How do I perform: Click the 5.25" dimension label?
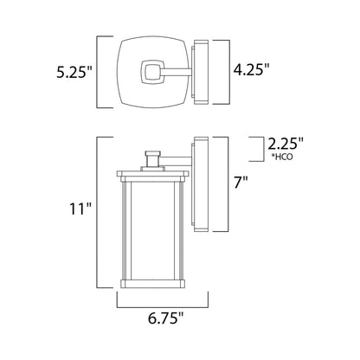[74, 72]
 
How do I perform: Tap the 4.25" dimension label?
[251, 69]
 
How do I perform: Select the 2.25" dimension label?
[286, 144]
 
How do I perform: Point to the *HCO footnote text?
[282, 157]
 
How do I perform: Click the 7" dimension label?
[241, 183]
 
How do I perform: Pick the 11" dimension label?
[80, 209]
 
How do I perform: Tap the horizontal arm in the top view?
[177, 72]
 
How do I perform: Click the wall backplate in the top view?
[201, 72]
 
